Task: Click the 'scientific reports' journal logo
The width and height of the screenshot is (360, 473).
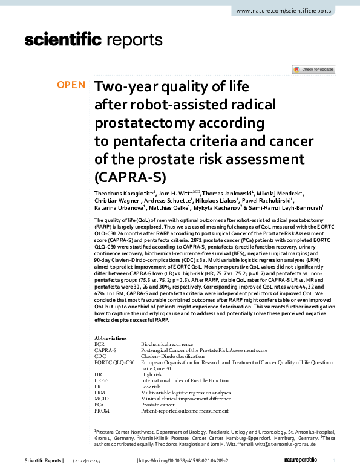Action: click(x=94, y=40)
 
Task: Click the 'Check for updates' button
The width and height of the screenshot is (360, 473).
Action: click(x=313, y=70)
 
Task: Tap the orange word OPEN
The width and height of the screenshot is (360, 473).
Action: click(x=71, y=85)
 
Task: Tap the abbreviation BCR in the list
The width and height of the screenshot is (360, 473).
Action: click(x=100, y=344)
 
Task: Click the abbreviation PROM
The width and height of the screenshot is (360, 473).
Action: click(x=103, y=410)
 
